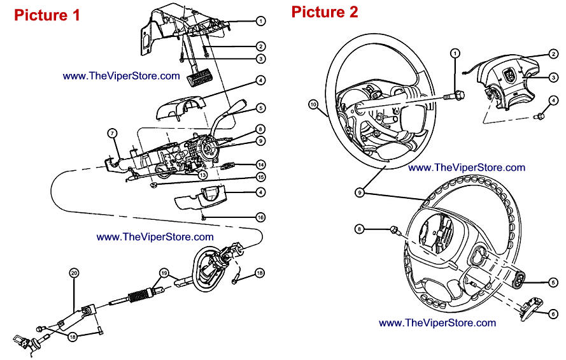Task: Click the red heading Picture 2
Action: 325,11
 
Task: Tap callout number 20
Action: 74,273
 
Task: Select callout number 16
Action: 260,217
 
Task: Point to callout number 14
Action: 260,164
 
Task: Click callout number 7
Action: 112,133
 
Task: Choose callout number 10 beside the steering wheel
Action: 313,103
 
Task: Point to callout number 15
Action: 260,176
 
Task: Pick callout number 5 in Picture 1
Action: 260,108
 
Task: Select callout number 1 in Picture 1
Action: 260,20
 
